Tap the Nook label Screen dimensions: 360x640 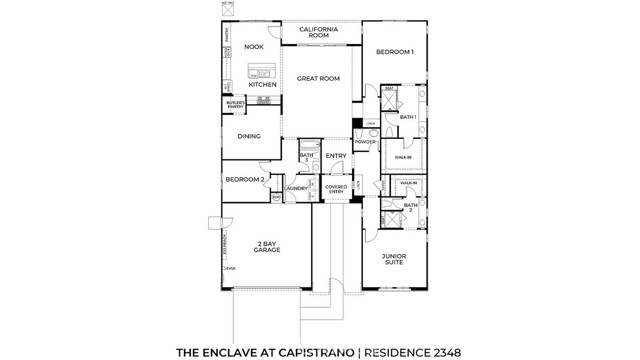click(x=254, y=46)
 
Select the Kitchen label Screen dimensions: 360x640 click(x=263, y=84)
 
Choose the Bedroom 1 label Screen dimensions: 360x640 click(x=394, y=51)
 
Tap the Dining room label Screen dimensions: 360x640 click(x=249, y=136)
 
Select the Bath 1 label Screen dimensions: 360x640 click(x=407, y=117)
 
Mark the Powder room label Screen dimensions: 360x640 click(x=365, y=142)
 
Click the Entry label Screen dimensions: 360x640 click(x=335, y=155)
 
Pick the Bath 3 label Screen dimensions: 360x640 click(x=307, y=157)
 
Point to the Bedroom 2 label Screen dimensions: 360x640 click(x=244, y=179)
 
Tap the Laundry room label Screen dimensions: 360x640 click(x=296, y=188)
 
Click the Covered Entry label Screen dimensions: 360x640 click(x=335, y=189)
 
